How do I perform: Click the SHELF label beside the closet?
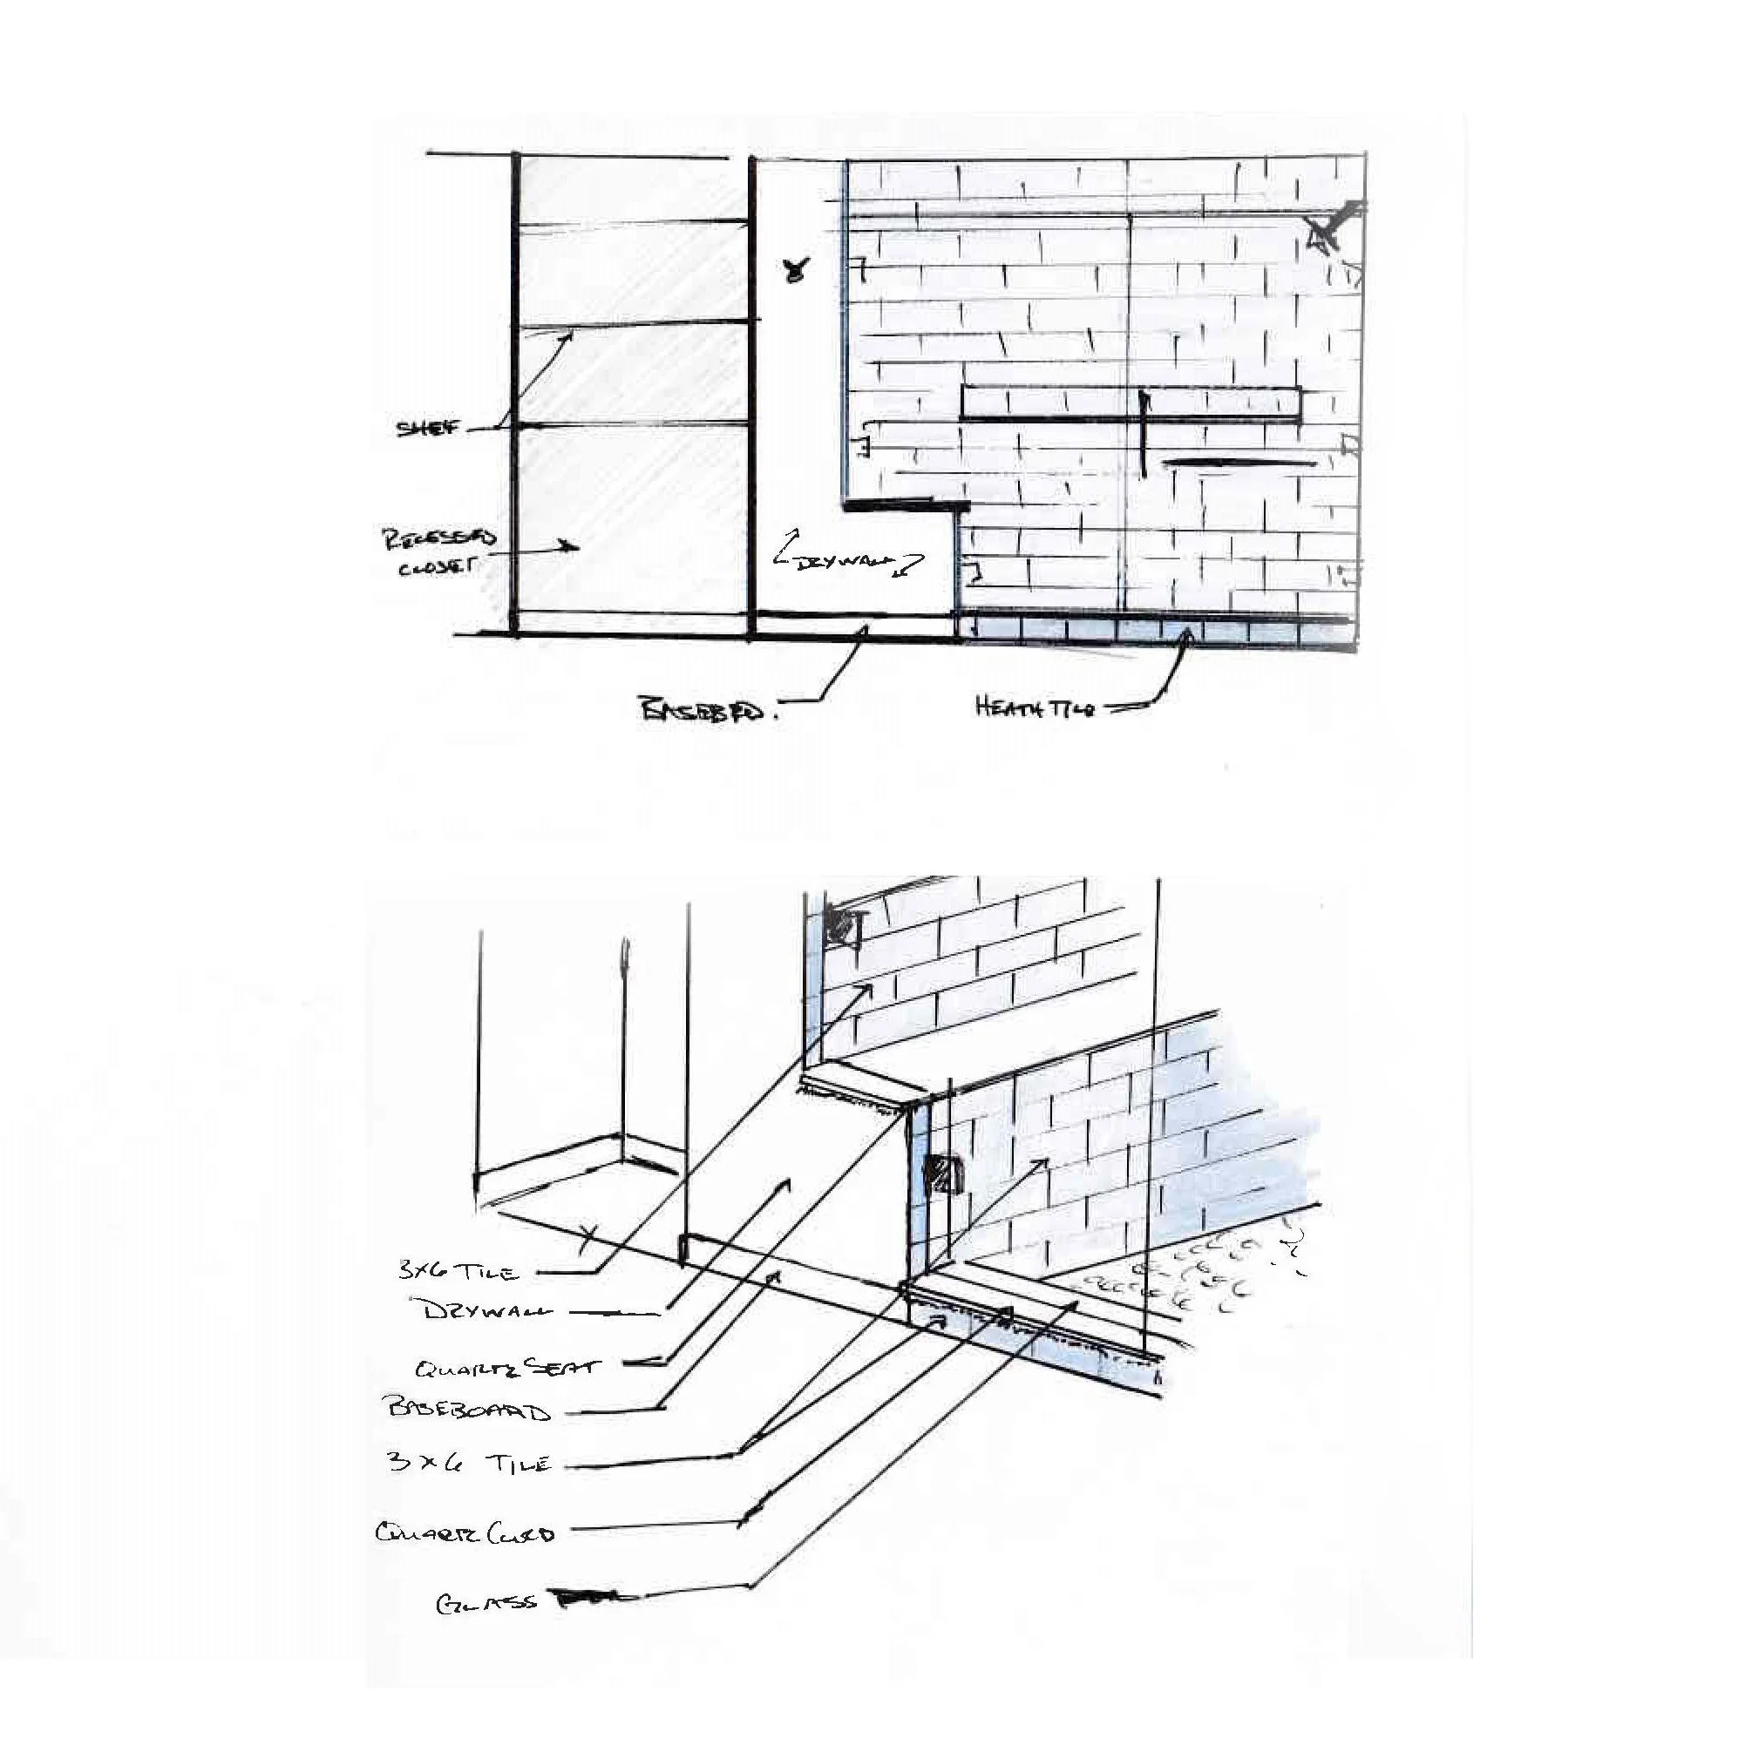click(425, 428)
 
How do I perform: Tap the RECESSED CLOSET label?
click(438, 552)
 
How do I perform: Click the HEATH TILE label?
click(1035, 707)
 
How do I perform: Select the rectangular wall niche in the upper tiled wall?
click(1131, 402)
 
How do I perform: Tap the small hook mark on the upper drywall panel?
click(797, 268)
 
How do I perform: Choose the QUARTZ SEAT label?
click(507, 1367)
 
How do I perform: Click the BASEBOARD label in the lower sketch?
click(468, 1410)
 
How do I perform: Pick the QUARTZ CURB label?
click(465, 1532)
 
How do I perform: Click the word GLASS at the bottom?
click(486, 1604)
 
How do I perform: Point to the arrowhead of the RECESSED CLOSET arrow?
click(573, 546)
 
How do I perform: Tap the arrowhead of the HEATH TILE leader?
click(1184, 637)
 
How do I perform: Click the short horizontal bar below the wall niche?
click(1238, 463)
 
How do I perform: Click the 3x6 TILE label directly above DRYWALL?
click(459, 1270)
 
